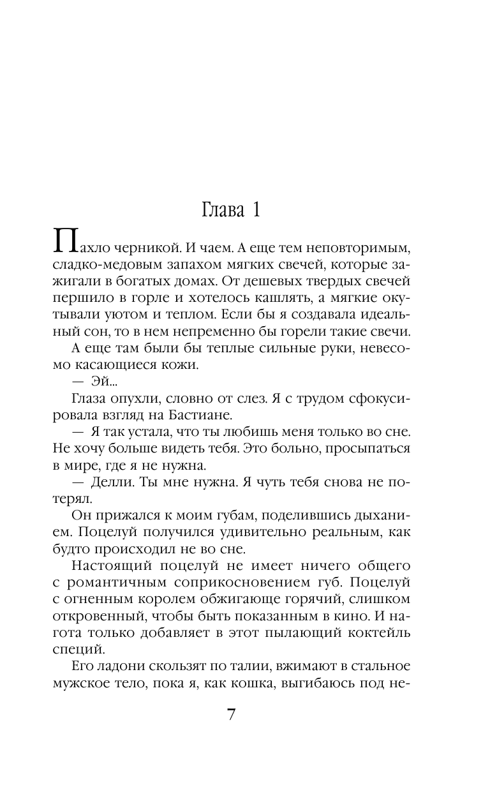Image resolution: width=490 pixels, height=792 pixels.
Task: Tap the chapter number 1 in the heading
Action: pos(256,210)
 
